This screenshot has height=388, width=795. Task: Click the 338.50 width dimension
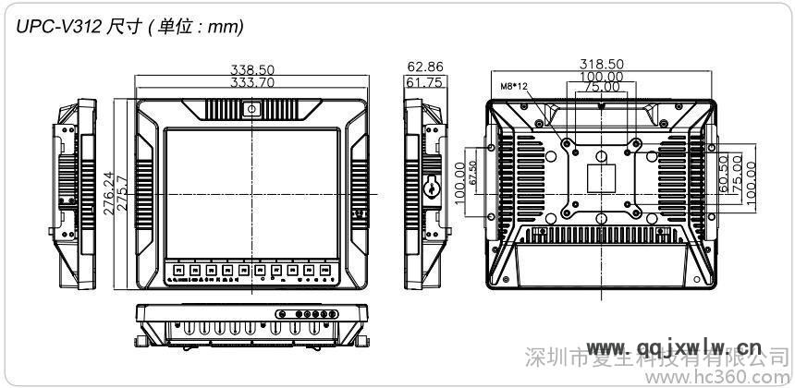[251, 69]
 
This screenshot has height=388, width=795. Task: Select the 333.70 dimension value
[251, 81]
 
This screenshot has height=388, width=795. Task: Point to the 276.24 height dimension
[108, 194]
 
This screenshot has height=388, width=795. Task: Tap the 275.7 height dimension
[120, 194]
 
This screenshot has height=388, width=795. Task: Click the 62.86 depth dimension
[424, 67]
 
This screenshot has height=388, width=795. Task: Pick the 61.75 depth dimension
[424, 81]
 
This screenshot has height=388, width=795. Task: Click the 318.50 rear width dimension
[601, 64]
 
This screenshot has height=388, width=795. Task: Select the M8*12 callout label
[514, 86]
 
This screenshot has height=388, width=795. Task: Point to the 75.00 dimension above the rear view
[601, 87]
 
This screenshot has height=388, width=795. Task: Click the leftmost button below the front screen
[174, 271]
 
